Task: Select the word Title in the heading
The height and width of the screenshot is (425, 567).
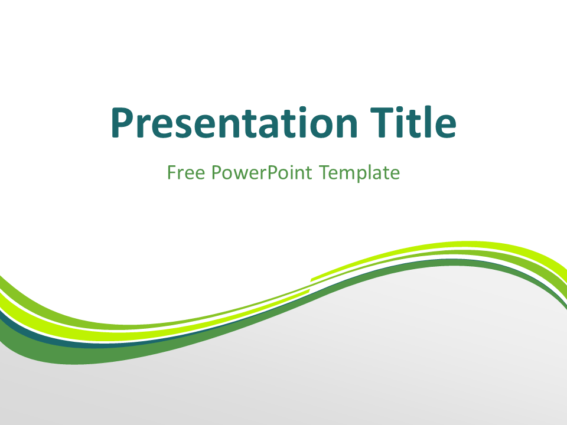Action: [x=413, y=122]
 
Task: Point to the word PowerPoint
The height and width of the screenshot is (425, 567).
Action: [x=262, y=173]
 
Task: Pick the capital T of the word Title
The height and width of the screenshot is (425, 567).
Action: [x=382, y=123]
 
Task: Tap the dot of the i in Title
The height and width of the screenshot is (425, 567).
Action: [x=402, y=110]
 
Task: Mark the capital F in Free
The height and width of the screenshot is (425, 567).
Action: [x=172, y=172]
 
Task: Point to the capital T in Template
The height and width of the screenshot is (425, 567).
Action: [x=325, y=172]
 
